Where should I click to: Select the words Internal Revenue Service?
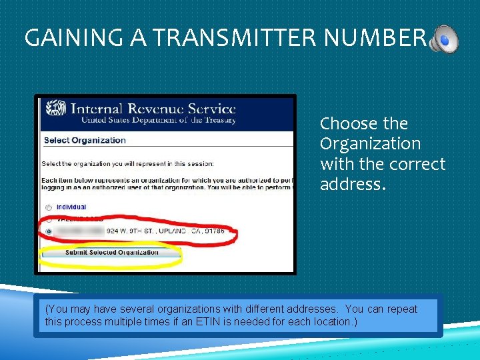tap(153, 108)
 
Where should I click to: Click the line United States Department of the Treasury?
tap(159, 120)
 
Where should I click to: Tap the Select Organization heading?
tap(85, 140)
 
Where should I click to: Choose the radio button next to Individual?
tap(49, 207)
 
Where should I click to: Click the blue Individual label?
tap(71, 207)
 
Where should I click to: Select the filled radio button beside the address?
tap(49, 231)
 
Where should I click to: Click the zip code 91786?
tap(214, 231)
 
